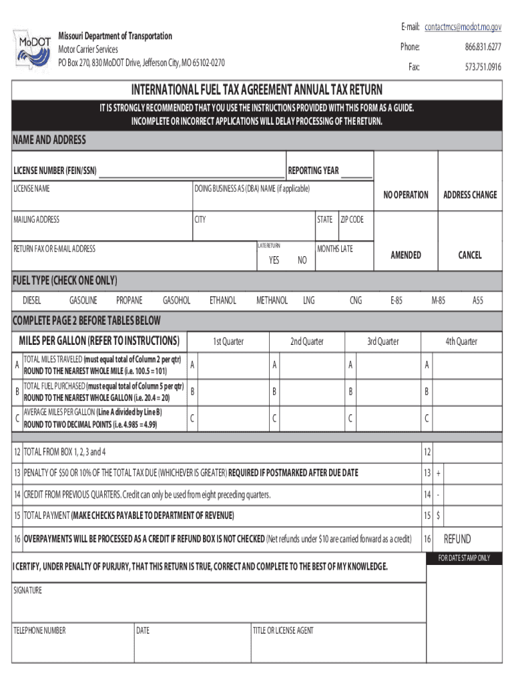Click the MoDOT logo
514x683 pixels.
pyautogui.click(x=31, y=48)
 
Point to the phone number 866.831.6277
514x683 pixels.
pyautogui.click(x=483, y=47)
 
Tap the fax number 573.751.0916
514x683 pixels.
pyautogui.click(x=483, y=67)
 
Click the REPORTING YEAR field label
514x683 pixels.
pyautogui.click(x=313, y=171)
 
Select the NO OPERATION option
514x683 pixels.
pyautogui.click(x=405, y=195)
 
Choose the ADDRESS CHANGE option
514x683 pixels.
pyautogui.click(x=470, y=195)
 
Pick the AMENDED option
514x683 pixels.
pyautogui.click(x=405, y=255)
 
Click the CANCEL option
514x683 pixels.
pyautogui.click(x=469, y=255)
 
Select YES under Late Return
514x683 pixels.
pyautogui.click(x=274, y=261)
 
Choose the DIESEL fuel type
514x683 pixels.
pyautogui.click(x=32, y=301)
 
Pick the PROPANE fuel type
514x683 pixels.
pyautogui.click(x=129, y=301)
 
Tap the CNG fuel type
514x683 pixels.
pyautogui.click(x=356, y=301)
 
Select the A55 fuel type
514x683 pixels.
pyautogui.click(x=478, y=301)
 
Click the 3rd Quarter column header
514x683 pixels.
pyautogui.click(x=382, y=341)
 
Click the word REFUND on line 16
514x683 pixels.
pyautogui.click(x=457, y=540)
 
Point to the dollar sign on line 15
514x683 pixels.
pyautogui.click(x=438, y=516)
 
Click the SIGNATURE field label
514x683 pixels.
pyautogui.click(x=27, y=591)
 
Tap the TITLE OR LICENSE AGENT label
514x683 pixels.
pyautogui.click(x=283, y=630)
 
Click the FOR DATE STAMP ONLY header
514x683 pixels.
pyautogui.click(x=463, y=558)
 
